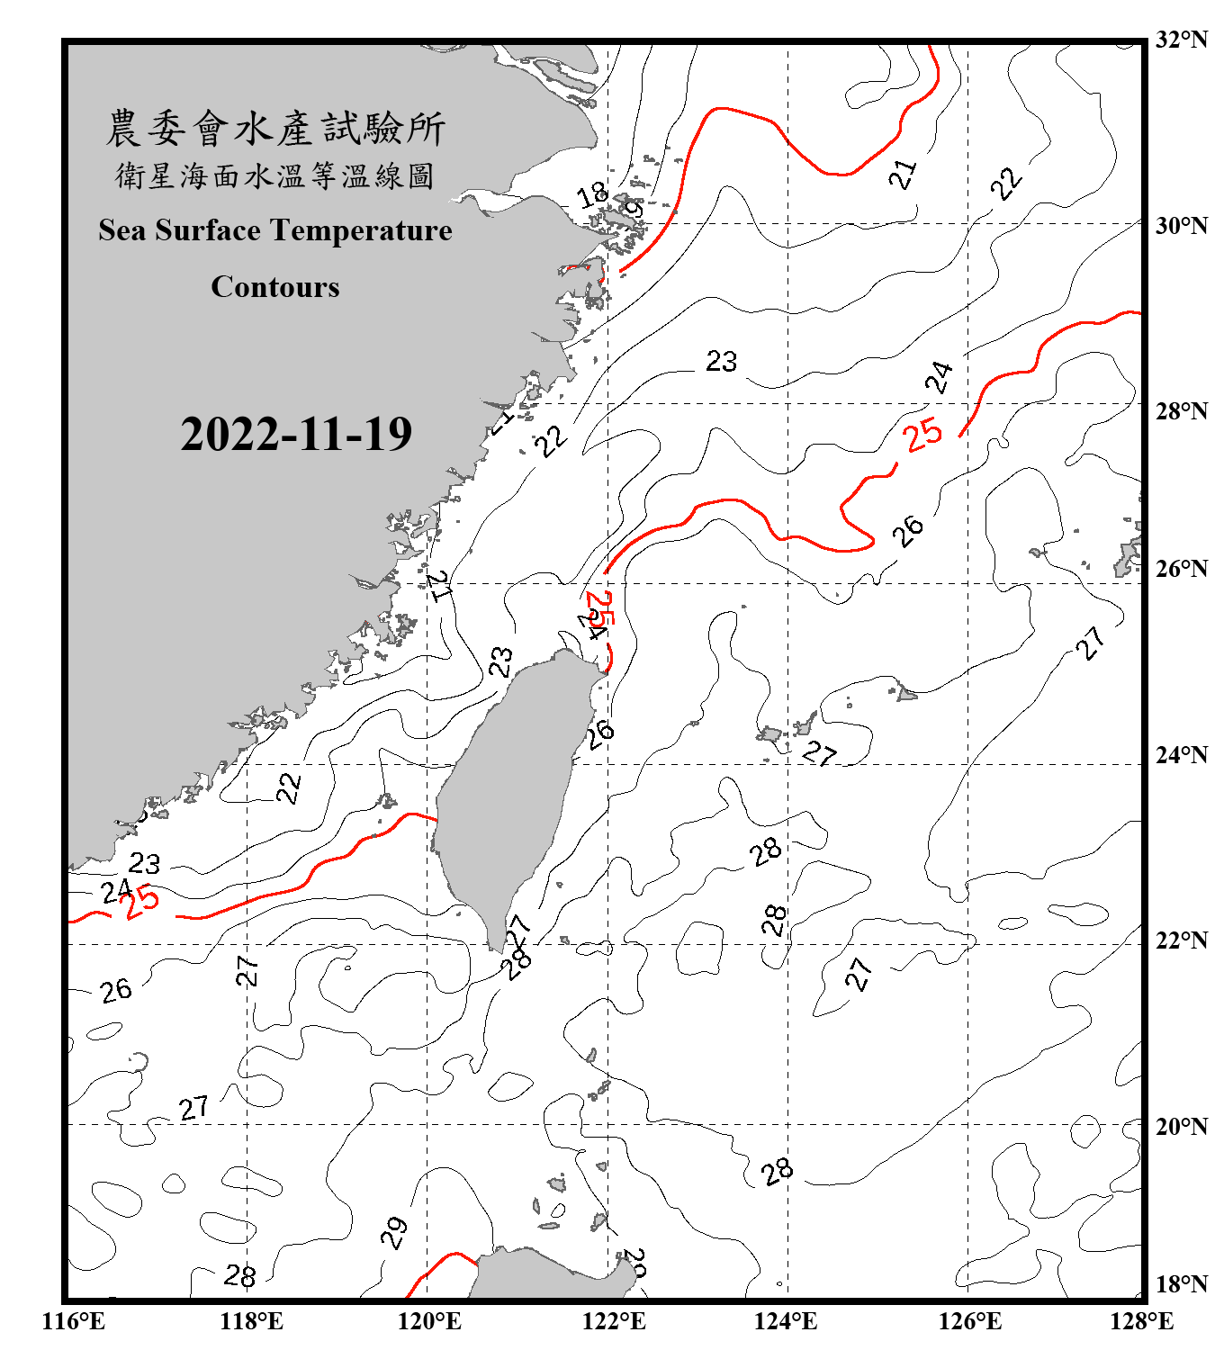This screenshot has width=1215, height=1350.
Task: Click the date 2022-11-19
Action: (296, 434)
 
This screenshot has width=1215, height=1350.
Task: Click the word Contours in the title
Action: (274, 287)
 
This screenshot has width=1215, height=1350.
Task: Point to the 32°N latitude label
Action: (1181, 40)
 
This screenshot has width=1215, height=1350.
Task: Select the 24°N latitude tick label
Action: (1181, 754)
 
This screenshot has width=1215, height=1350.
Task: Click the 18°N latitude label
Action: (1181, 1284)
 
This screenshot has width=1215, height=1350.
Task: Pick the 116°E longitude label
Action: (74, 1321)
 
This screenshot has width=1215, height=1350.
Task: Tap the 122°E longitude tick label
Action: (614, 1321)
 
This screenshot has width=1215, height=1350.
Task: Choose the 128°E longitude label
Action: (1141, 1321)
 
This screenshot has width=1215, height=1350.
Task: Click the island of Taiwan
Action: (508, 792)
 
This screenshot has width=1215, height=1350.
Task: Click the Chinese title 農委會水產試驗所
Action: (274, 129)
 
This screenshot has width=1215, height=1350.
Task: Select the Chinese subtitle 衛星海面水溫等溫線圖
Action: (274, 176)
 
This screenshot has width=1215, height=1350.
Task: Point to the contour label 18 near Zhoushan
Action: (592, 194)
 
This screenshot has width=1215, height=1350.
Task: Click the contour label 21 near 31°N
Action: (903, 174)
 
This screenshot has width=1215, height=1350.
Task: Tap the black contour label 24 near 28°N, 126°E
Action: (939, 377)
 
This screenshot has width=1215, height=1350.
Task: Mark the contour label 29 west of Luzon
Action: (393, 1232)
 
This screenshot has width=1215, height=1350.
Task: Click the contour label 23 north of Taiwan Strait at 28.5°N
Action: (721, 362)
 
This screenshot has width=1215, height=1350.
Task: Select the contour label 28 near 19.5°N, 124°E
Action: (777, 1171)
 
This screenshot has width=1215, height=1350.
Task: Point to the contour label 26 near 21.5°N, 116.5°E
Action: (116, 991)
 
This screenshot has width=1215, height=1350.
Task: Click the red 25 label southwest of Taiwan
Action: (141, 902)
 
